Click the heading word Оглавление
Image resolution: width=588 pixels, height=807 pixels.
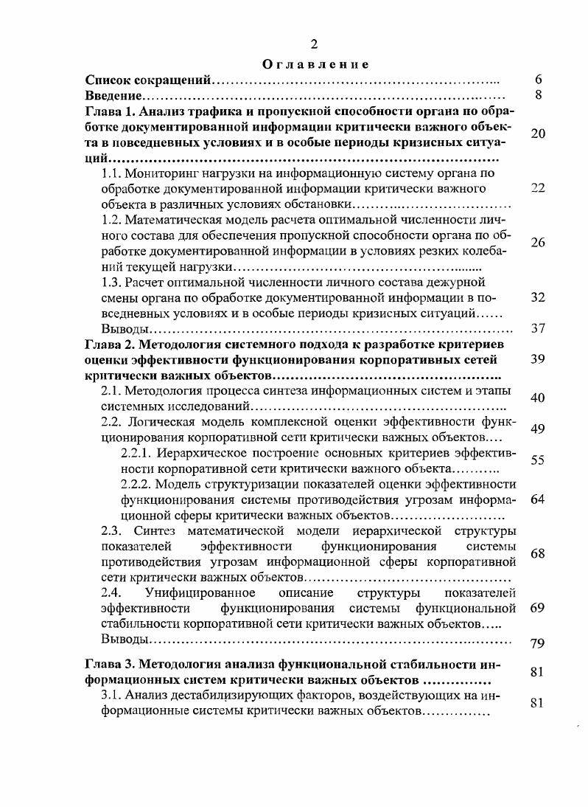click(x=315, y=64)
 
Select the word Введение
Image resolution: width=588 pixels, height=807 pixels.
click(x=113, y=95)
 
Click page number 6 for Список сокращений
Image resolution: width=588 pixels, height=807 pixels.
click(x=539, y=79)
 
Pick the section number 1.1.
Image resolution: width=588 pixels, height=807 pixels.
click(x=111, y=174)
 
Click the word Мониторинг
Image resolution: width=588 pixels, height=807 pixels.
click(x=161, y=174)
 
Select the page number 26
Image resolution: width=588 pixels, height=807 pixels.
click(x=538, y=243)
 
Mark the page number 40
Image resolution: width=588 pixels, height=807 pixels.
click(x=538, y=398)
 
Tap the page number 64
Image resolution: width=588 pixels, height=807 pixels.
click(x=538, y=499)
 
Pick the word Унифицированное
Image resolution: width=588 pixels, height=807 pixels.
click(x=200, y=592)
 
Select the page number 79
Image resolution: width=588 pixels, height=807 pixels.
click(x=538, y=644)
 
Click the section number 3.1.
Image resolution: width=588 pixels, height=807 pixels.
click(x=111, y=695)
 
